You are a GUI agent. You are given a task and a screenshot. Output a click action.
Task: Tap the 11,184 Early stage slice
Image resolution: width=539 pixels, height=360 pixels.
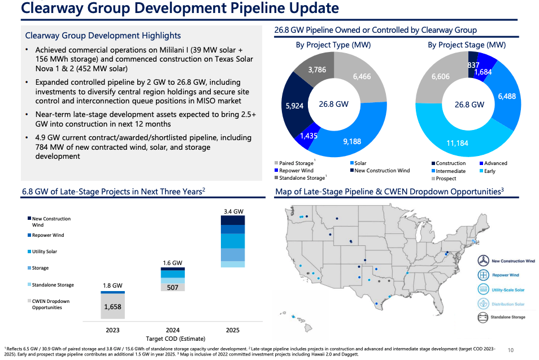pyautogui.click(x=457, y=144)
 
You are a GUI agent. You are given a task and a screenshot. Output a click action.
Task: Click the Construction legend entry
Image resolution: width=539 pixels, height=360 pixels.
pyautogui.click(x=450, y=163)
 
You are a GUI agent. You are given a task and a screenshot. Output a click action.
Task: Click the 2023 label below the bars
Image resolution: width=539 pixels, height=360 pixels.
pyautogui.click(x=113, y=329)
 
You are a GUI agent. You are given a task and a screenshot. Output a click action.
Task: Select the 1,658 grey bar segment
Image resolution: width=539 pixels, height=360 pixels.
pyautogui.click(x=112, y=307)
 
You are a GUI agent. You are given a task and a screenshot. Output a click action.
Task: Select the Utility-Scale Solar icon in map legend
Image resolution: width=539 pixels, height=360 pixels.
pyautogui.click(x=483, y=289)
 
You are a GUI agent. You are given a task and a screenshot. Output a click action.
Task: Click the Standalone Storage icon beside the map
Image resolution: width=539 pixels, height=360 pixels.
pyautogui.click(x=483, y=317)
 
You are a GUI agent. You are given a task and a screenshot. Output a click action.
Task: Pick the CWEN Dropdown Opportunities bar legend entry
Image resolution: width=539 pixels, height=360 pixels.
pyautogui.click(x=50, y=305)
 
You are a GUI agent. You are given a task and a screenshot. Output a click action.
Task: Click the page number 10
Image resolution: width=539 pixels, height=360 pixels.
pyautogui.click(x=511, y=350)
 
